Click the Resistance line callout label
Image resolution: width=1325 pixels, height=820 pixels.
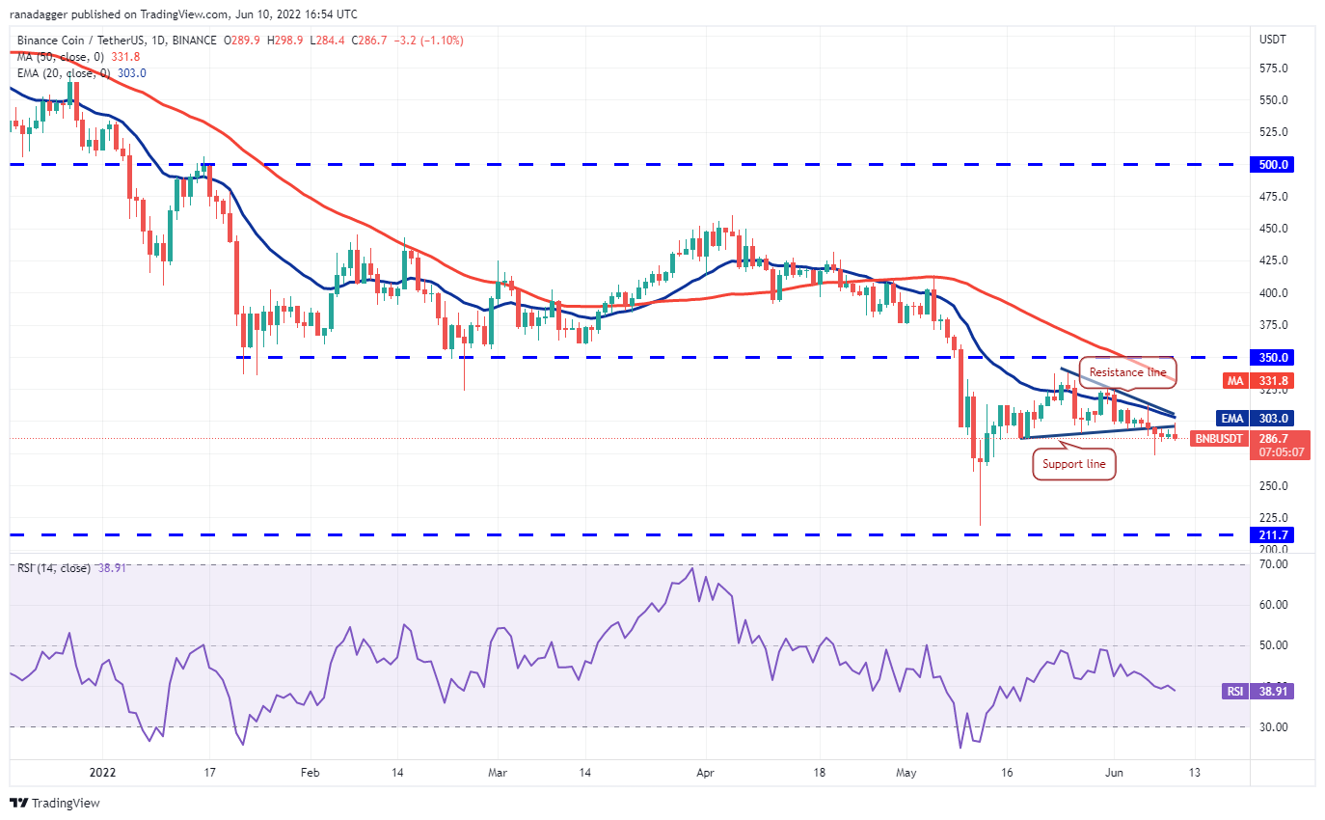coord(1127,372)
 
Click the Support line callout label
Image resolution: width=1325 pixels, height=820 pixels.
coord(1074,465)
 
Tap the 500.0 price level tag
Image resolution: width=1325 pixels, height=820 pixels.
coord(1273,165)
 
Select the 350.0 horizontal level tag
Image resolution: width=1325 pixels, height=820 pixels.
coord(1273,357)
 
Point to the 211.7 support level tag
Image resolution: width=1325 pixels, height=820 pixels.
coord(1273,534)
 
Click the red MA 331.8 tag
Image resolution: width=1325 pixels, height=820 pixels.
coord(1274,381)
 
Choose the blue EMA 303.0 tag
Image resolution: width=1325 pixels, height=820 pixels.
coord(1274,419)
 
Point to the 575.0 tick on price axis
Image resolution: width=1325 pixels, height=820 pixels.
coord(1274,68)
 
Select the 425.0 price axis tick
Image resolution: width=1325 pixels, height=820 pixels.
coord(1274,260)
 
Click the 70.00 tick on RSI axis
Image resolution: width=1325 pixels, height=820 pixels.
coord(1273,564)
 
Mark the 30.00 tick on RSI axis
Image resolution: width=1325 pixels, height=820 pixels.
coord(1273,727)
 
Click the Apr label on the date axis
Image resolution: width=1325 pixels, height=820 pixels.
coord(706,772)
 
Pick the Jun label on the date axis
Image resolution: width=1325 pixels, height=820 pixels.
coord(1114,772)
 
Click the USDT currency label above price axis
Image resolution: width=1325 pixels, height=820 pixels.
coord(1272,39)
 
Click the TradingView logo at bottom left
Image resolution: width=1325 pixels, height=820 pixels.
coord(55,803)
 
